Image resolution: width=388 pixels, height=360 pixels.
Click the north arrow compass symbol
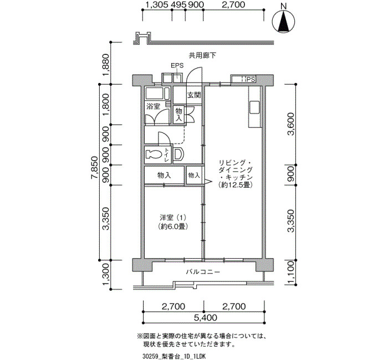point(284,21)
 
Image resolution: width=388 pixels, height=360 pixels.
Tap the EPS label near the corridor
point(177,65)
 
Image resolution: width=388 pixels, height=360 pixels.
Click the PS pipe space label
point(251,80)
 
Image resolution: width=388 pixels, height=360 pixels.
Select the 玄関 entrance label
point(194,95)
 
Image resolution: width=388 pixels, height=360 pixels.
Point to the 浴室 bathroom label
point(153,106)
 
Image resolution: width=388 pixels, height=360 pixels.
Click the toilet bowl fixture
point(152,155)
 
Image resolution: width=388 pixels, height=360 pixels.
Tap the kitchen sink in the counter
point(254,107)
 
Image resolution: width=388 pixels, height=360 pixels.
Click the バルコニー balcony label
point(203,272)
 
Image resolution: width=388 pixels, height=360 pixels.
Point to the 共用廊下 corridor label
point(202,55)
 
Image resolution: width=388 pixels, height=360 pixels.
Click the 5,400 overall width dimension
point(206,317)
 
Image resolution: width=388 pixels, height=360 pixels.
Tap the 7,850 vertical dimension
point(95,167)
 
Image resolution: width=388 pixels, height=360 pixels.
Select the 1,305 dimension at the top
point(157,4)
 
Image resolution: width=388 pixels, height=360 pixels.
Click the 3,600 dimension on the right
point(291,124)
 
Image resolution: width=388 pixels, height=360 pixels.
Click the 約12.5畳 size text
point(235,184)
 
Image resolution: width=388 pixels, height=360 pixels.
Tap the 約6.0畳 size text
point(173,226)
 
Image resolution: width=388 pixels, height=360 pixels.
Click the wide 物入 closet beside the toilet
point(164,176)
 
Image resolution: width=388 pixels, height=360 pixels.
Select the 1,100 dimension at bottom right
point(291,272)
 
